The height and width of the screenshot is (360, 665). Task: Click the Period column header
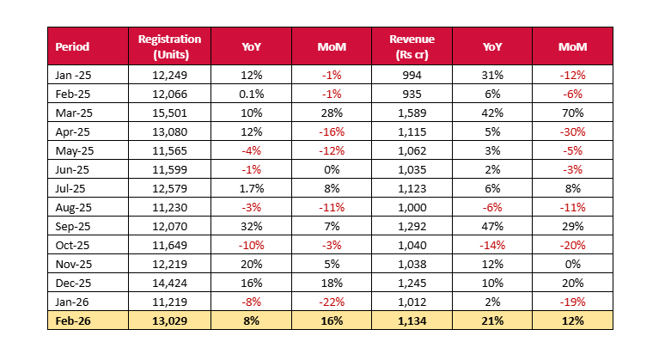72,46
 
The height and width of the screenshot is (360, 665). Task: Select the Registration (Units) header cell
169,46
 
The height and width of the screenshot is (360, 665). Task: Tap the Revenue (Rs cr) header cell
412,46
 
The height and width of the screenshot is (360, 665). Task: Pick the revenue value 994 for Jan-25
412,75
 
